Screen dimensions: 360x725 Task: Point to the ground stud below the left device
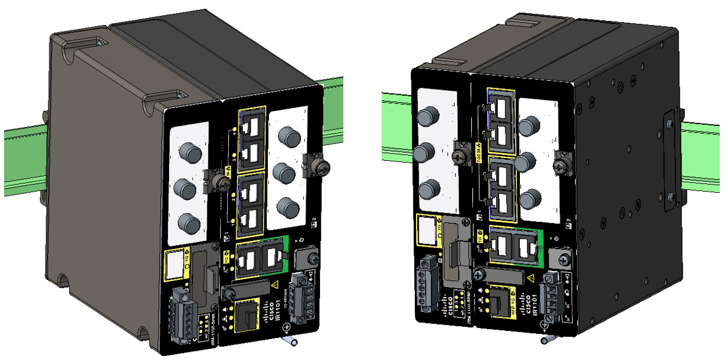288,342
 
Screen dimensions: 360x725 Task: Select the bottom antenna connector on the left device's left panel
187,222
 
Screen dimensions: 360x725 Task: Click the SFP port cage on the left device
247,316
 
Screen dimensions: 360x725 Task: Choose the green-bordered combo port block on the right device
514,244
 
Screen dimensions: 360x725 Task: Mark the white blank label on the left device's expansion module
174,265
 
